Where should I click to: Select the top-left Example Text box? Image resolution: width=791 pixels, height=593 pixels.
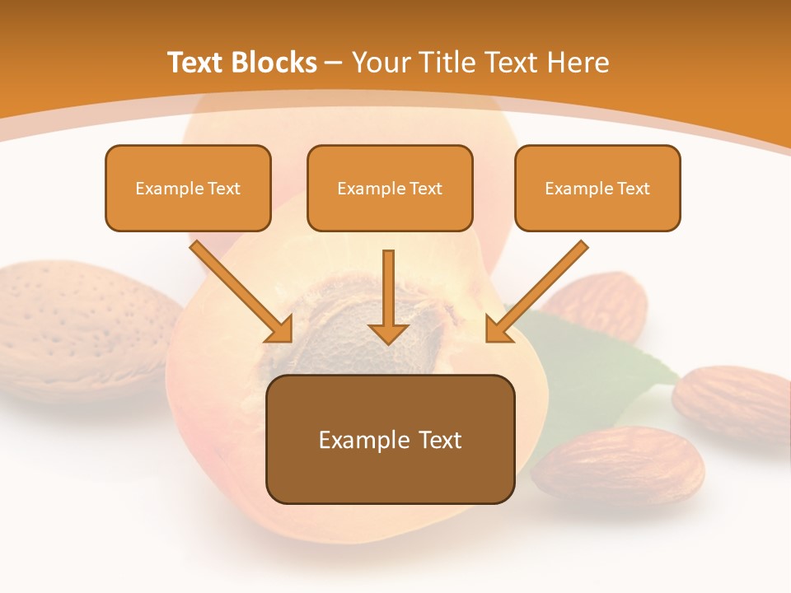(188, 188)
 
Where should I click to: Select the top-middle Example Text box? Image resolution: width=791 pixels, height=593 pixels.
(390, 188)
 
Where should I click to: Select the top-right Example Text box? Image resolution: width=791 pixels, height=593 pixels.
(597, 188)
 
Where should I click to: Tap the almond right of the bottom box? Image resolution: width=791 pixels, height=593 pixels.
(618, 465)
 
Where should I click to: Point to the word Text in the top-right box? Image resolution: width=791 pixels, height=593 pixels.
(633, 188)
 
